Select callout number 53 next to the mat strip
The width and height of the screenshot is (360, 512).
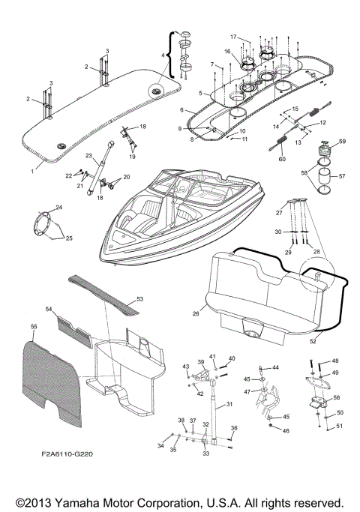pos(139,298)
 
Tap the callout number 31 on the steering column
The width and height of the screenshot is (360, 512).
pos(229,405)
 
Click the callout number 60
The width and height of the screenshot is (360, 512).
pos(283,158)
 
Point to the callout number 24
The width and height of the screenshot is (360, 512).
pos(60,207)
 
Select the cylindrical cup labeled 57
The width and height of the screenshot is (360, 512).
pos(324,186)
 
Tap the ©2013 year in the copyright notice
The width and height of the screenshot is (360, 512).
pos(31,502)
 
